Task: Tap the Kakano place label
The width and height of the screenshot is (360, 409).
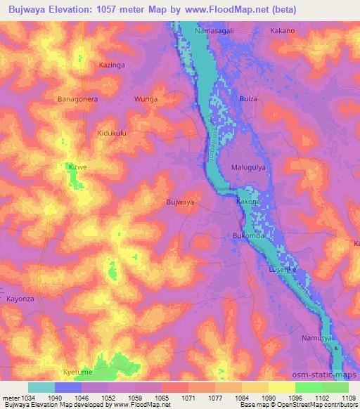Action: (283, 32)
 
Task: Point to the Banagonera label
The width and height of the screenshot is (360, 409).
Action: (77, 99)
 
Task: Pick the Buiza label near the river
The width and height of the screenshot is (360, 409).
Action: (249, 99)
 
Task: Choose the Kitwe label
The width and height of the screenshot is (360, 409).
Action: (77, 167)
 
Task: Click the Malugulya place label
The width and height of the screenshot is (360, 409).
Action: (249, 167)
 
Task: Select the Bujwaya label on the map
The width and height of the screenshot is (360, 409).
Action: (179, 202)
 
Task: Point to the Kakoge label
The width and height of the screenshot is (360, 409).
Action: (248, 202)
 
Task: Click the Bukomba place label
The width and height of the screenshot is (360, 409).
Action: (247, 235)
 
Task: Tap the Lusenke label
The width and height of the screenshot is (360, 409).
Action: (283, 269)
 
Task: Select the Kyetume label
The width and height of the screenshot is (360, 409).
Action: (77, 372)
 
